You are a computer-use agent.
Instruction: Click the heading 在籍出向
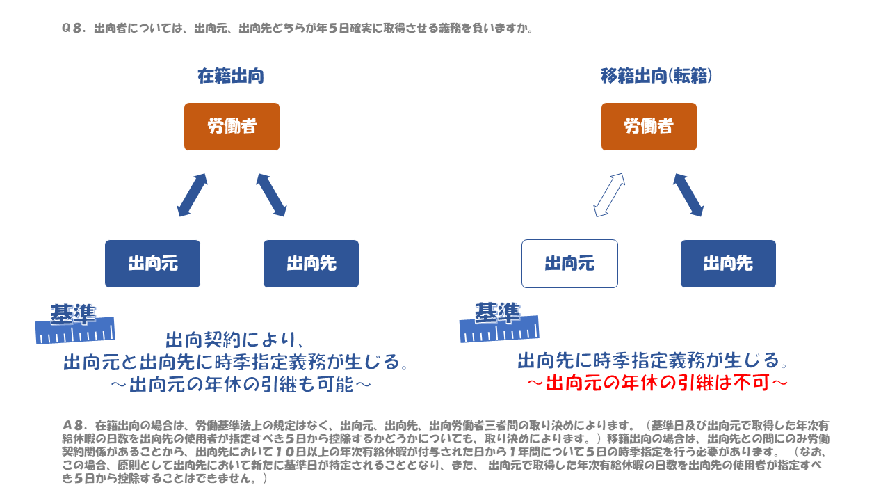click(x=231, y=76)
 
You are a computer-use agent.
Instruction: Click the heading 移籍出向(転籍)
click(x=656, y=76)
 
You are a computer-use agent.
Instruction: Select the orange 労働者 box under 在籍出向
click(x=232, y=127)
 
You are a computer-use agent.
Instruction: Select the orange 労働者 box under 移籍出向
click(x=649, y=127)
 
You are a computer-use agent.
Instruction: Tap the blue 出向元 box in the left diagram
click(x=152, y=264)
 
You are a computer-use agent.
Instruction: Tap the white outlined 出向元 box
click(x=569, y=264)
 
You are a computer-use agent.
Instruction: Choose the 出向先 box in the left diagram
click(x=311, y=264)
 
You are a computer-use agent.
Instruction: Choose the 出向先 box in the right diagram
click(x=728, y=264)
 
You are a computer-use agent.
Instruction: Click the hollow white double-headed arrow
click(x=609, y=195)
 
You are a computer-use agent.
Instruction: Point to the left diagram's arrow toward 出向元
click(x=193, y=195)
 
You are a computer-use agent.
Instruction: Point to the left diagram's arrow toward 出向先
click(x=271, y=195)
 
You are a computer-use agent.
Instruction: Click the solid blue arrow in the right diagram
click(x=688, y=195)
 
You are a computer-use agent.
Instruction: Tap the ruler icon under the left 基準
click(x=75, y=331)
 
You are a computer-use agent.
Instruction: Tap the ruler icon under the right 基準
click(x=499, y=330)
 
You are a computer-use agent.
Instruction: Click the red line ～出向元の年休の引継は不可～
click(x=658, y=383)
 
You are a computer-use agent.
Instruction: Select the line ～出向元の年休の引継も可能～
click(x=241, y=385)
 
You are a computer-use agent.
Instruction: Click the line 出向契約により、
click(x=235, y=340)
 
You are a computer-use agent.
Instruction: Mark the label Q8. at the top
click(x=74, y=29)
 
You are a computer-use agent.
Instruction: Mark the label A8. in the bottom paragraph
click(x=74, y=425)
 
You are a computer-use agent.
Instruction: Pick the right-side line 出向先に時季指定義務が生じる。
click(x=653, y=360)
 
